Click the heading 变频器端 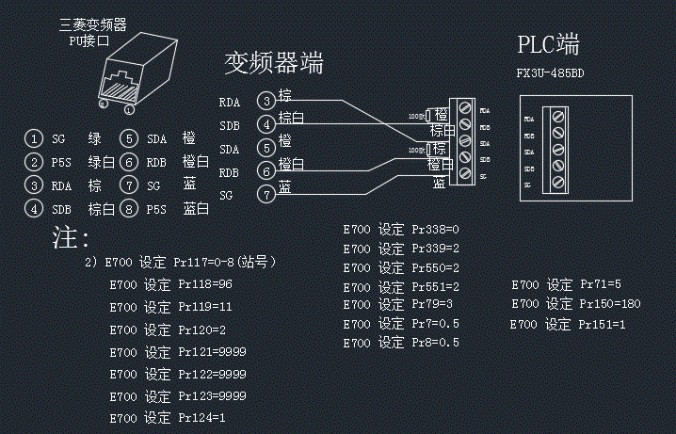point(273,62)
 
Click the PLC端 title point(548,44)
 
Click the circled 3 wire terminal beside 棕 point(267,100)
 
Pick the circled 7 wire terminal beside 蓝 point(267,194)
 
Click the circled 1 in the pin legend point(33,138)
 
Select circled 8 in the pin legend point(129,208)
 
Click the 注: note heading point(71,238)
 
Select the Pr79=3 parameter point(432,304)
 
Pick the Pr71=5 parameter point(602,284)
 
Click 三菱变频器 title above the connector point(92,24)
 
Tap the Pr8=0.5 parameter point(435,343)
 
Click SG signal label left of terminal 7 point(226,195)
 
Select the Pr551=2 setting point(435,286)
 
